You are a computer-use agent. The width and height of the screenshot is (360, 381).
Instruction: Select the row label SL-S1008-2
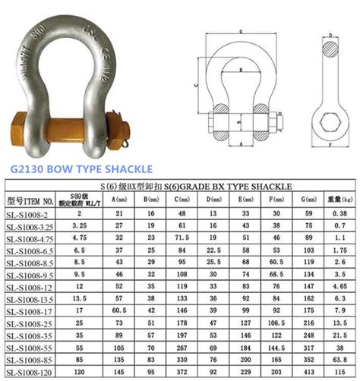tap(31, 215)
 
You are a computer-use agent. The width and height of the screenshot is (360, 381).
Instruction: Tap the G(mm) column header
tap(308, 200)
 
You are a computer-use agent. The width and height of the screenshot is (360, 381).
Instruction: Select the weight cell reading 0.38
tap(339, 215)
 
